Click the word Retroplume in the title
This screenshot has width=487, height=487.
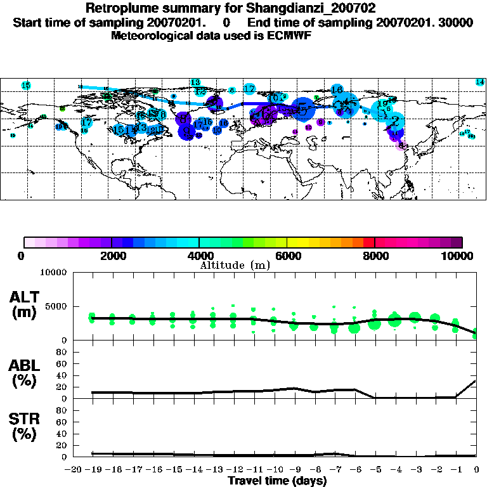119,9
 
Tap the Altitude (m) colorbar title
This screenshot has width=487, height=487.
235,265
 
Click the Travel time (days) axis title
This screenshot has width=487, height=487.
277,481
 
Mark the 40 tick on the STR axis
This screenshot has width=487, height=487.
63,434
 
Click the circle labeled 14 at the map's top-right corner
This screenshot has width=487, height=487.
480,82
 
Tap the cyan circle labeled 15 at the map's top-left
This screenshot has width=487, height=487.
26,85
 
